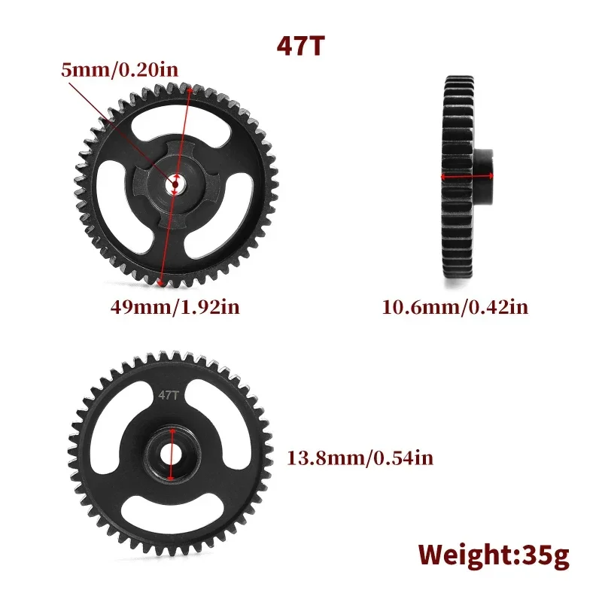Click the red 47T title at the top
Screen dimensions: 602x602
(300, 45)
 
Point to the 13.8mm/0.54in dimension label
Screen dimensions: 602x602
(360, 456)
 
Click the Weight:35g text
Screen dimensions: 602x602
(494, 555)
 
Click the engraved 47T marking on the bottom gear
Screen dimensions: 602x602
(166, 394)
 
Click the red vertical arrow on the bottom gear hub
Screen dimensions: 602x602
(172, 454)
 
